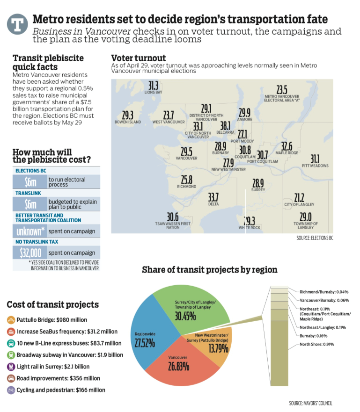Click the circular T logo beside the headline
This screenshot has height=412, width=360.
tap(17, 24)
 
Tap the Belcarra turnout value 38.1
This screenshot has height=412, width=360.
tap(225, 126)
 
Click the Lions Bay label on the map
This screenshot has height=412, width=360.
tap(153, 92)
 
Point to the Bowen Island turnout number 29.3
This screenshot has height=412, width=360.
tap(127, 115)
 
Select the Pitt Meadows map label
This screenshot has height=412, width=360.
tap(315, 166)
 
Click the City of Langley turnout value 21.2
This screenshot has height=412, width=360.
tap(299, 198)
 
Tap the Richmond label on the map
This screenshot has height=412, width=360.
tap(186, 187)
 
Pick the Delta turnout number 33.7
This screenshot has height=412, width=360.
tap(213, 197)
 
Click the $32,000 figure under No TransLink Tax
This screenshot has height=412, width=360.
tap(30, 253)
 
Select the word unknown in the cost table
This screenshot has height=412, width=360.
tap(29, 231)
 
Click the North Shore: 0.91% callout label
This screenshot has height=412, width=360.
tap(317, 344)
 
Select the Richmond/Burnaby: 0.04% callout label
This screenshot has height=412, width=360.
tap(324, 292)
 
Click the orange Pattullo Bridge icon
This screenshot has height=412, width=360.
tap(11, 320)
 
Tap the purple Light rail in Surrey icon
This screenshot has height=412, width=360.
tap(11, 367)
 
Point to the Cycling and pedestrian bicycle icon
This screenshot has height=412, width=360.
tap(11, 390)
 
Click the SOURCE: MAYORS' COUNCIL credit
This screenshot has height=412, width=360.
tap(310, 403)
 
